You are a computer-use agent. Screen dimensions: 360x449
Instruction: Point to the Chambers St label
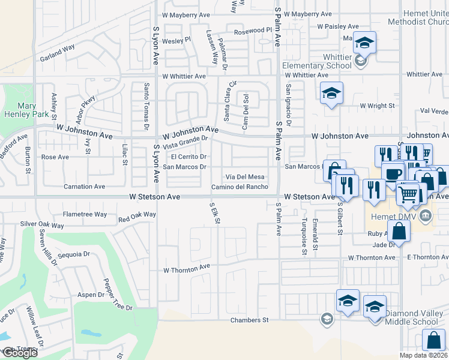[250, 320]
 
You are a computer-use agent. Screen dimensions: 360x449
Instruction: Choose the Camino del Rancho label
[240, 187]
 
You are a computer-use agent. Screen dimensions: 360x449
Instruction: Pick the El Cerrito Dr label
[189, 157]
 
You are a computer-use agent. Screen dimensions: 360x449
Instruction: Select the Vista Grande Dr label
[185, 142]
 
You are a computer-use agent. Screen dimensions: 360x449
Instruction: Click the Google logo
[20, 353]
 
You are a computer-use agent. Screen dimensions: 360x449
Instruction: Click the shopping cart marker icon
[409, 194]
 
